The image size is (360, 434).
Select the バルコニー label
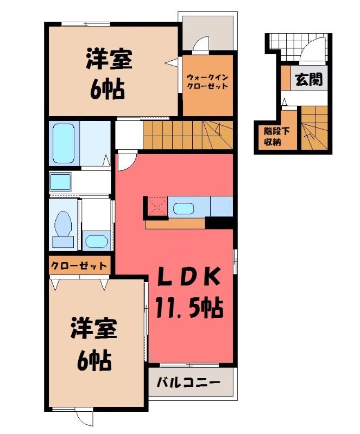coord(189,383)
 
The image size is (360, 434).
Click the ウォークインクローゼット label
coord(207,81)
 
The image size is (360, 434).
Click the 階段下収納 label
coord(273,137)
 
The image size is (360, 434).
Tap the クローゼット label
coord(79,266)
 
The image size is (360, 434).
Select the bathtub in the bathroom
coord(64,143)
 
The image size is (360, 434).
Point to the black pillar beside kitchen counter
coord(219,222)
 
